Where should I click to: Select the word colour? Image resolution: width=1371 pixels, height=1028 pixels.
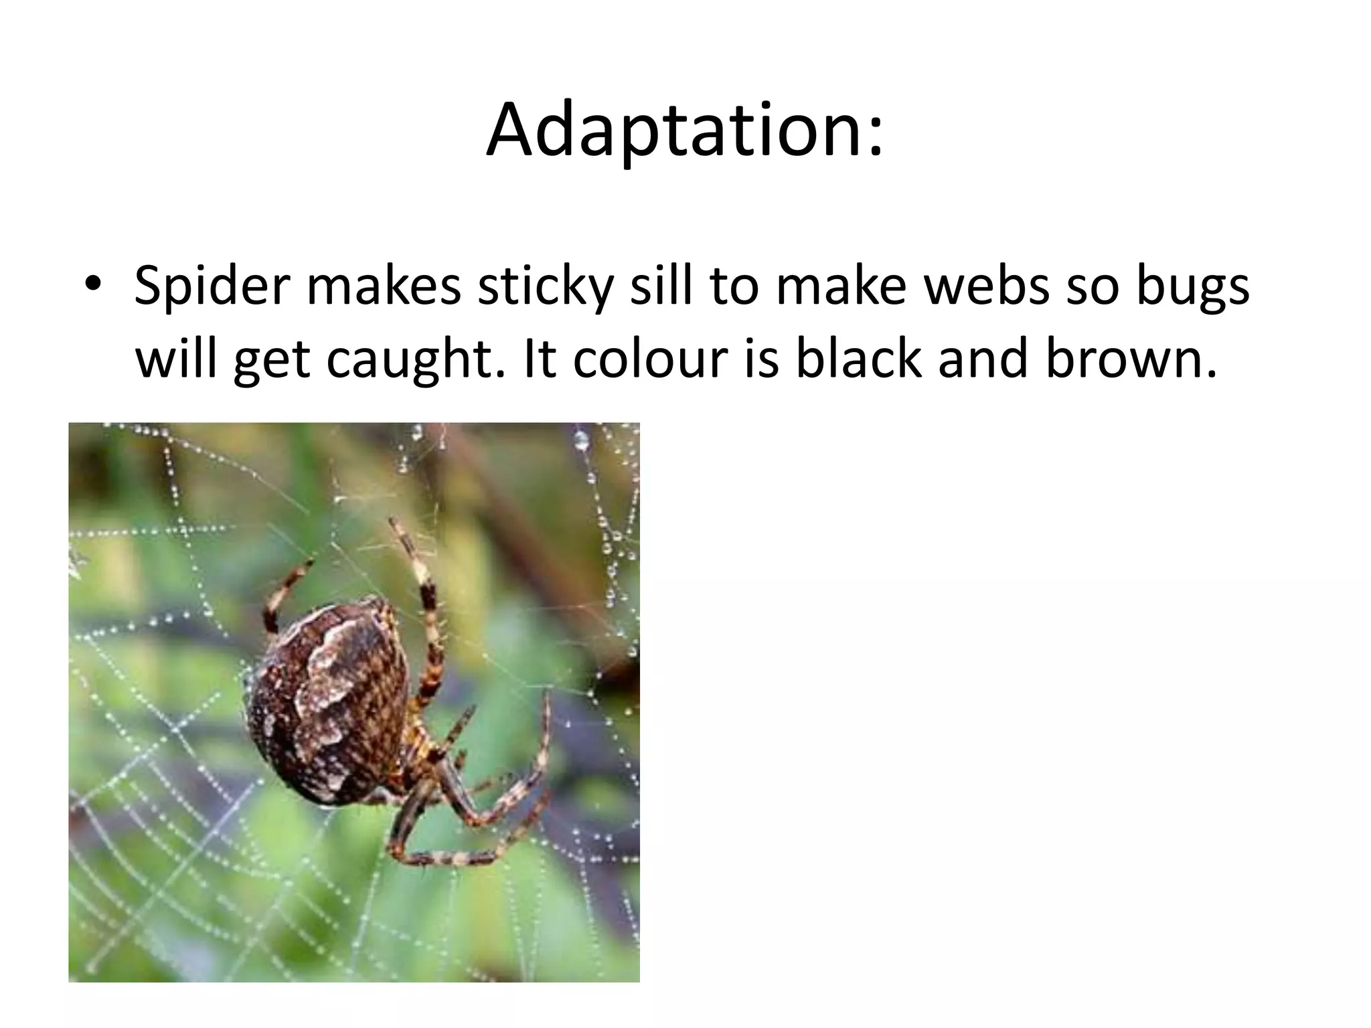(650, 358)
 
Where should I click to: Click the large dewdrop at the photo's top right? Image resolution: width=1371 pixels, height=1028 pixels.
(581, 440)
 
